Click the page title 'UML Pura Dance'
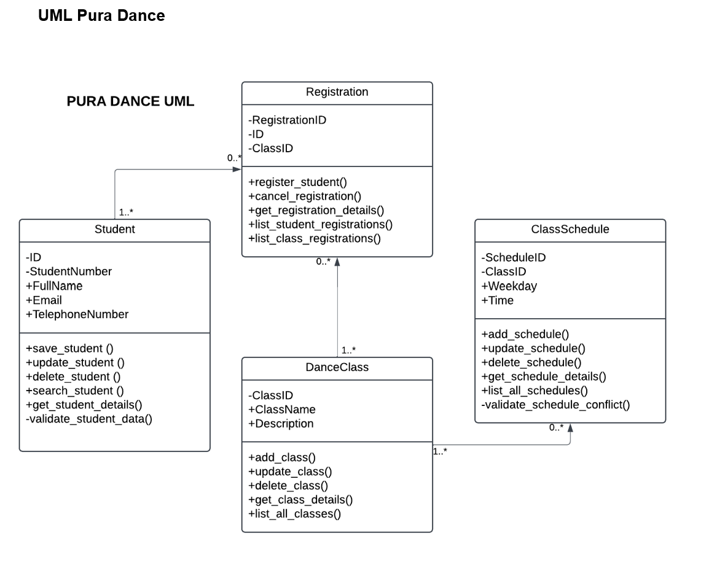click(101, 15)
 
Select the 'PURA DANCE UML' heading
click(130, 101)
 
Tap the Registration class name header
click(337, 92)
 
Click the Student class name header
click(114, 230)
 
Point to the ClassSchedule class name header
click(570, 230)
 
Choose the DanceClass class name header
click(337, 367)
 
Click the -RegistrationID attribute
click(287, 120)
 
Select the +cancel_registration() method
click(305, 196)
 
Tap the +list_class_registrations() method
click(314, 238)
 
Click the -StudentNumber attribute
click(68, 271)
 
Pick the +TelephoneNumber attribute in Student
click(77, 314)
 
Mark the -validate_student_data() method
click(88, 419)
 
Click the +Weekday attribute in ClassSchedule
click(509, 286)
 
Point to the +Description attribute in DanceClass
click(280, 424)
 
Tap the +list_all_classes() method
click(294, 513)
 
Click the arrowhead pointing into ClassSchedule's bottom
click(570, 427)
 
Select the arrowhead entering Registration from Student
click(237, 169)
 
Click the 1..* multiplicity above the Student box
click(126, 212)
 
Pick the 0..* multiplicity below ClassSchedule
click(556, 427)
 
